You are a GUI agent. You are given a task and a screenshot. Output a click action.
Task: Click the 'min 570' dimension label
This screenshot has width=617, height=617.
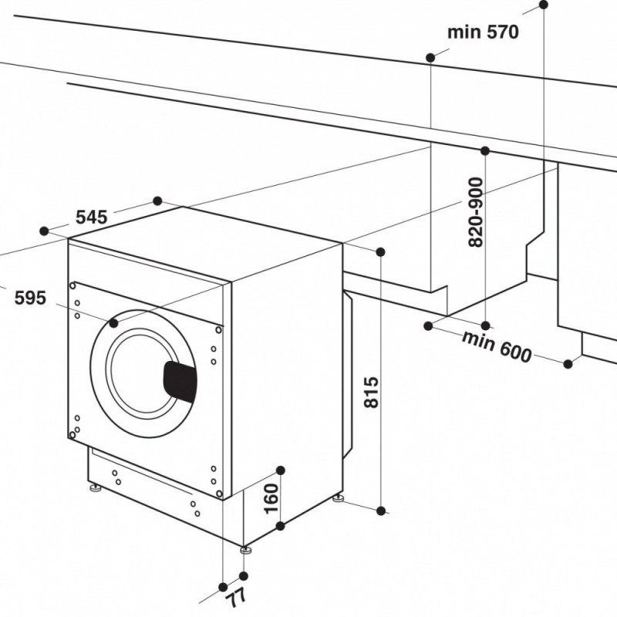pos(483,32)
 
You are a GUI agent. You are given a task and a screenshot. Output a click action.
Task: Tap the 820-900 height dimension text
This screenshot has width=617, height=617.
pos(476,212)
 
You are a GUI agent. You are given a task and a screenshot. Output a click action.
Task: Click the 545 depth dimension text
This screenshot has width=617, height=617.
pos(90,216)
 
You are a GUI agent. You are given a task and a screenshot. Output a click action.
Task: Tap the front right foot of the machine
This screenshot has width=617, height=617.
pos(245,551)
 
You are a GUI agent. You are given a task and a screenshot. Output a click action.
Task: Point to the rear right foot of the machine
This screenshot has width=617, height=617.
pos(339,498)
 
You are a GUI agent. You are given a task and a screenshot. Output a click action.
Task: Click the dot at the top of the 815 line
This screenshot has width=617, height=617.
pos(381,251)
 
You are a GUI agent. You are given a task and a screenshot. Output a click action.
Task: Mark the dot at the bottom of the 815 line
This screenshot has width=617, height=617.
pos(381,509)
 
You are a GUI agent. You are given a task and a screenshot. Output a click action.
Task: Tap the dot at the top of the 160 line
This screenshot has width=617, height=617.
pos(281,470)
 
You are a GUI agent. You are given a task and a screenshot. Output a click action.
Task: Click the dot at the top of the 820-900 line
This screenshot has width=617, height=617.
pos(485,150)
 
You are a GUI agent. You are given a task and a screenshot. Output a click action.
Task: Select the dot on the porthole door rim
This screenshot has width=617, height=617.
pos(114,323)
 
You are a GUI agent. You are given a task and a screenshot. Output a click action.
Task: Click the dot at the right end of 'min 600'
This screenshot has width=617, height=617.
pos(568,362)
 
